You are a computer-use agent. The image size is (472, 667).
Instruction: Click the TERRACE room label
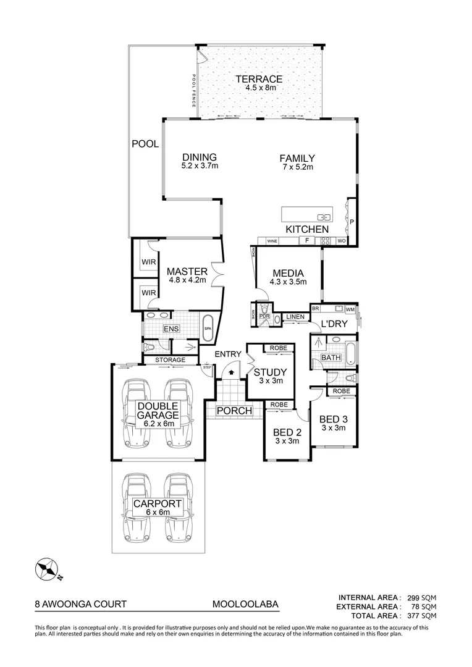point(258,79)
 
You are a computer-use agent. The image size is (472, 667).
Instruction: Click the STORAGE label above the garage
point(169,359)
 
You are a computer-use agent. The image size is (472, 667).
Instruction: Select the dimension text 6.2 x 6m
point(158,424)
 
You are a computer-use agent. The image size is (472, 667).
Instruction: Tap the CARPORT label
point(158,504)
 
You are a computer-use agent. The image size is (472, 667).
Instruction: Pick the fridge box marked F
point(306,240)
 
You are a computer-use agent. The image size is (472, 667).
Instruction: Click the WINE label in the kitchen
point(272,241)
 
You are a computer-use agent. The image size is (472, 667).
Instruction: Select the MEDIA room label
point(287,273)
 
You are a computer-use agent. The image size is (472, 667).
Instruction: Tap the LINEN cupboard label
point(295,317)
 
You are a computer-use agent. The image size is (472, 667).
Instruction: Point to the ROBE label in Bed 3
point(341,391)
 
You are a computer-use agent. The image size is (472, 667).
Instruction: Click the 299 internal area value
point(413,597)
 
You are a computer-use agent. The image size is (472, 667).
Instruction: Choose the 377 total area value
point(413,616)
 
